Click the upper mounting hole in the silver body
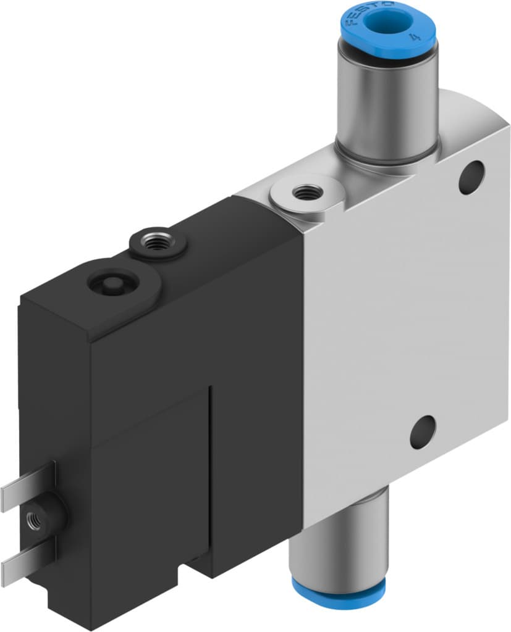click(x=471, y=177)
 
